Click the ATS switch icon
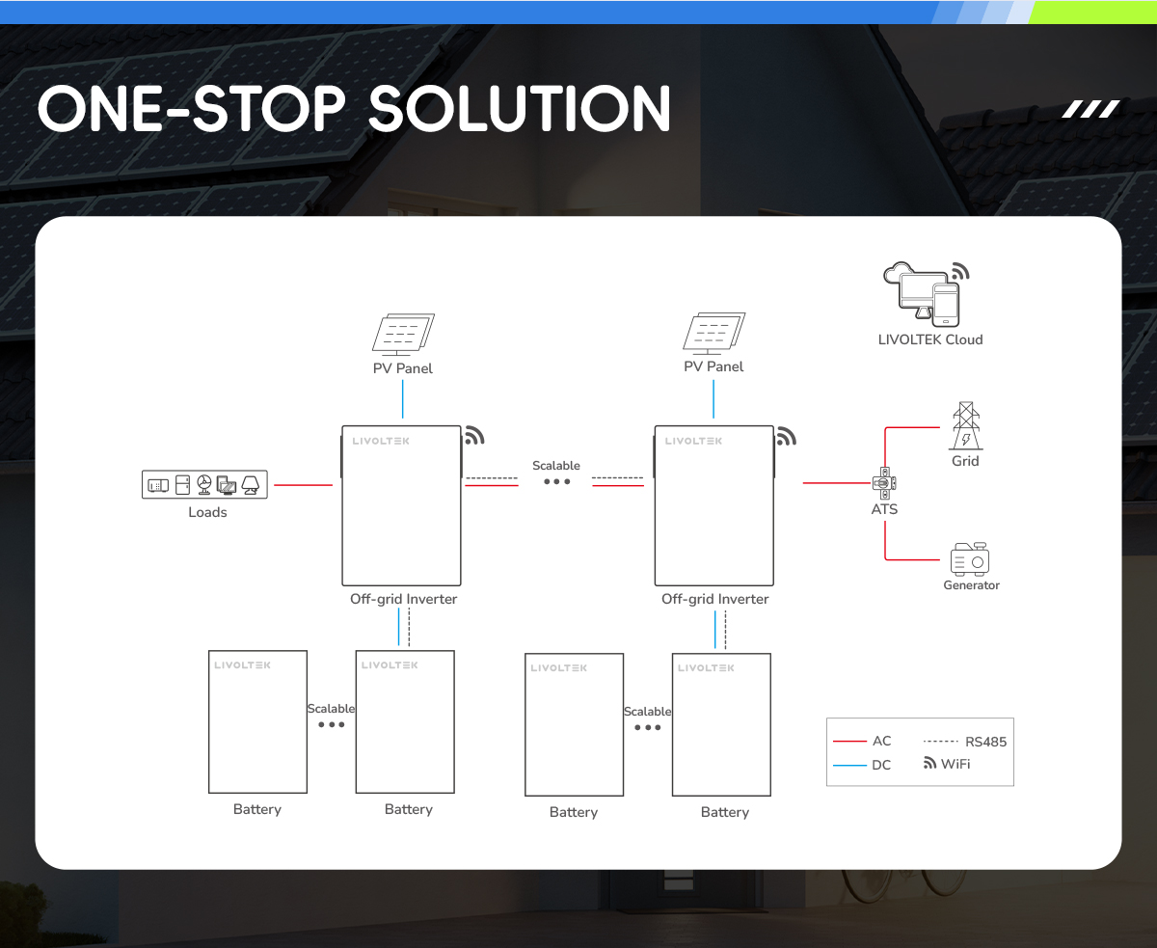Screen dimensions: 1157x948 [884, 483]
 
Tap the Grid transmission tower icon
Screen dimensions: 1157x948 [966, 425]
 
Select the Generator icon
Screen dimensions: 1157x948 [969, 559]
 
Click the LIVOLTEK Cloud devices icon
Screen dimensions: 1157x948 [926, 294]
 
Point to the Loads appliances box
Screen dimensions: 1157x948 [204, 484]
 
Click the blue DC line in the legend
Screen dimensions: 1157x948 [849, 765]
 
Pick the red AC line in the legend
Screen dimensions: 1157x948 [849, 742]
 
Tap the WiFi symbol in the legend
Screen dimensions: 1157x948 [929, 763]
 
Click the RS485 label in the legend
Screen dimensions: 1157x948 [985, 742]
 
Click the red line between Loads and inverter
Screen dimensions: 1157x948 [303, 485]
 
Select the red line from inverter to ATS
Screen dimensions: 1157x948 [837, 483]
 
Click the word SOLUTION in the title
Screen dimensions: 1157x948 [520, 109]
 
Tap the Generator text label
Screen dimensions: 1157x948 [971, 585]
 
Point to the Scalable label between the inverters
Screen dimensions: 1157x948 [555, 466]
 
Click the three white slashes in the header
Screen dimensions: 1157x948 [1090, 109]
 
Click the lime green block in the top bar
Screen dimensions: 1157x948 [1091, 13]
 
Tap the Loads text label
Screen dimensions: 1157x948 [207, 512]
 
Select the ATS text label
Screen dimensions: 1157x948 [884, 509]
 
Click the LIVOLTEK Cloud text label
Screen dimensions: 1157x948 [930, 339]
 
